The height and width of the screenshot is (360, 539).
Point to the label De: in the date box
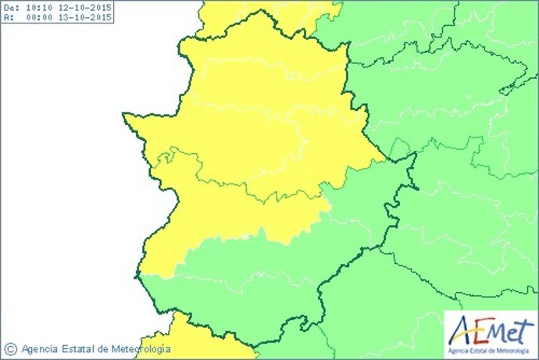(11, 7)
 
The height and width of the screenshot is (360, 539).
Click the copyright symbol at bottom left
(11, 349)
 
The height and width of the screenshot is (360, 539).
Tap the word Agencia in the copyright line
(41, 349)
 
